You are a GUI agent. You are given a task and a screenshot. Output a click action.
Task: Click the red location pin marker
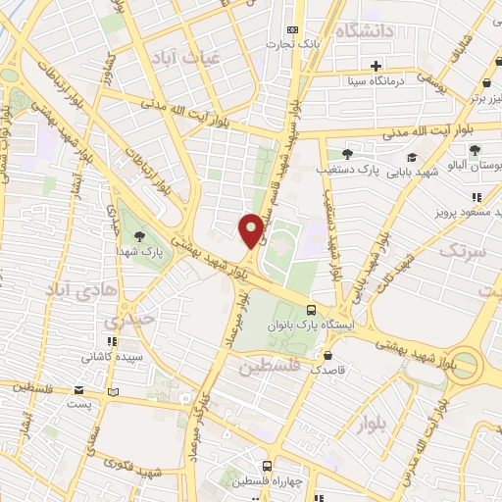pyautogui.click(x=251, y=230)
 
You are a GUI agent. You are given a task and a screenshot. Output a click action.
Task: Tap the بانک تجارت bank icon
pyautogui.click(x=291, y=30)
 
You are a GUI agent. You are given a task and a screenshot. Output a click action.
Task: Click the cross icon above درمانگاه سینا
pyautogui.click(x=376, y=65)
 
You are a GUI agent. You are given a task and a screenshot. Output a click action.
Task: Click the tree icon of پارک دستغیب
pyautogui.click(x=347, y=154)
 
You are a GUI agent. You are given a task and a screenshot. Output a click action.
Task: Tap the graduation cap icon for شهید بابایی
pyautogui.click(x=412, y=157)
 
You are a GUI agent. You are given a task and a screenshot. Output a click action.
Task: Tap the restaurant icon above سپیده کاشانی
pyautogui.click(x=113, y=341)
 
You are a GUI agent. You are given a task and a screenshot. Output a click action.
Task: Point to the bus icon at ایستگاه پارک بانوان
pyautogui.click(x=312, y=310)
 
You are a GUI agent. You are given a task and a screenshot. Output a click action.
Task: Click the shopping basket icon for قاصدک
pyautogui.click(x=327, y=355)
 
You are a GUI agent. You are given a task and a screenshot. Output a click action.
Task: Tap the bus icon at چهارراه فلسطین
pyautogui.click(x=267, y=466)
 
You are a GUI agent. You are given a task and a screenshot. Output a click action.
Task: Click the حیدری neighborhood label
pyautogui.click(x=129, y=320)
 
